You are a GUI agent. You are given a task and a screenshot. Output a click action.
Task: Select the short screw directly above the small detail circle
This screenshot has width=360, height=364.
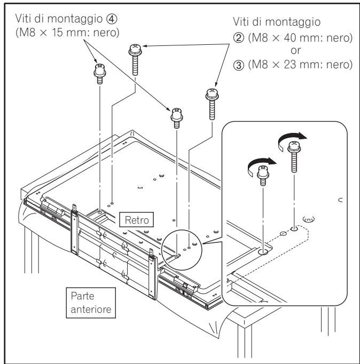176,116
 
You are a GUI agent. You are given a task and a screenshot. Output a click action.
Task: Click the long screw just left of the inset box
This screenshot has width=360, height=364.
211,104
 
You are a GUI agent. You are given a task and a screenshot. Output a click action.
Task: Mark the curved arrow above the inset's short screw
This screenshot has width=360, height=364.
261,157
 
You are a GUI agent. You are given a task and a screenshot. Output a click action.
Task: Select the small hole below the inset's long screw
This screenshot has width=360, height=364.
293,229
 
